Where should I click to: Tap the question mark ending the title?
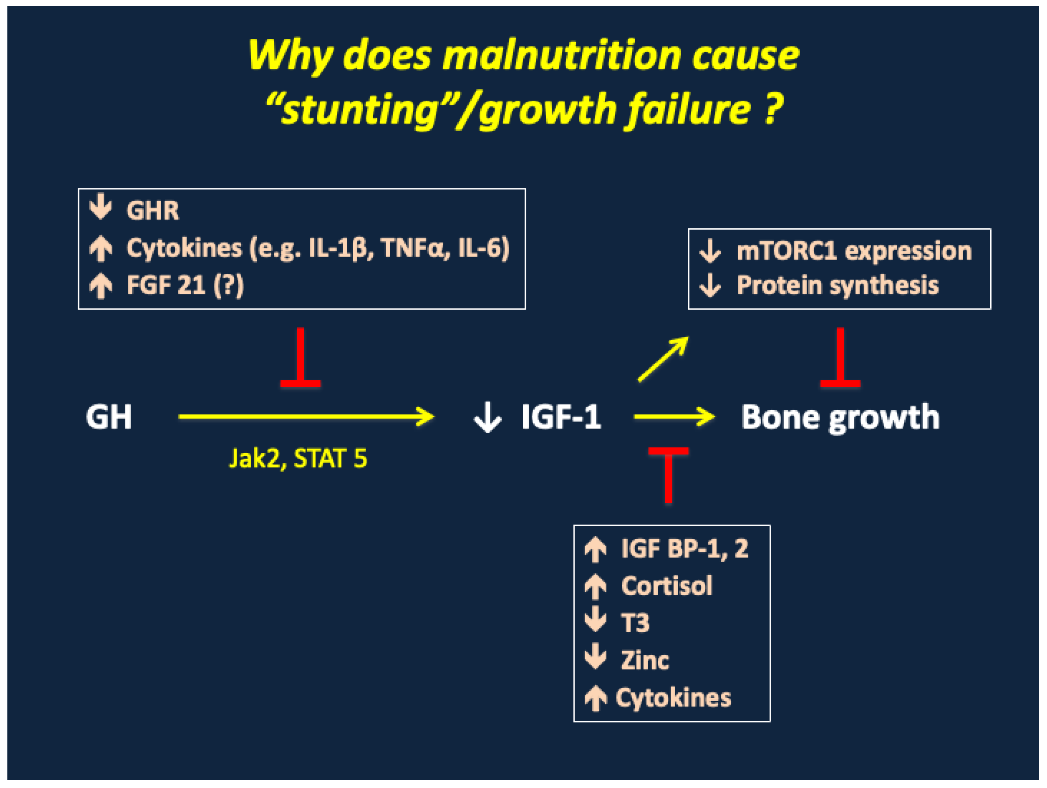pyautogui.click(x=772, y=109)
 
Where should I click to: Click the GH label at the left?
pyautogui.click(x=109, y=417)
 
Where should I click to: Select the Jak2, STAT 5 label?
pyautogui.click(x=298, y=458)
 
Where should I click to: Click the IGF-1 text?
pyautogui.click(x=561, y=417)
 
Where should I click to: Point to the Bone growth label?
pyautogui.click(x=840, y=418)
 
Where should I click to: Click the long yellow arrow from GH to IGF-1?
pyautogui.click(x=305, y=416)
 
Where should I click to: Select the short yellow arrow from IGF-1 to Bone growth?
pyautogui.click(x=674, y=416)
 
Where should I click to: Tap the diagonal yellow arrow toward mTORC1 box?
pyautogui.click(x=663, y=359)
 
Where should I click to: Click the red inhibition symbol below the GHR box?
pyautogui.click(x=301, y=360)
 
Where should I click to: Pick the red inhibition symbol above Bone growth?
pyautogui.click(x=840, y=360)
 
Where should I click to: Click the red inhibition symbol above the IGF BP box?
pyautogui.click(x=668, y=474)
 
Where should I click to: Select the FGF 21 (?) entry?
pyautogui.click(x=184, y=285)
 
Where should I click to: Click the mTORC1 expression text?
pyautogui.click(x=854, y=251)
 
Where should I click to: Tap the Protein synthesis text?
pyautogui.click(x=837, y=285)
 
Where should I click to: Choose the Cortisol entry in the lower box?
pyautogui.click(x=666, y=586)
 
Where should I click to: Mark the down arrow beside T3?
pyautogui.click(x=595, y=620)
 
